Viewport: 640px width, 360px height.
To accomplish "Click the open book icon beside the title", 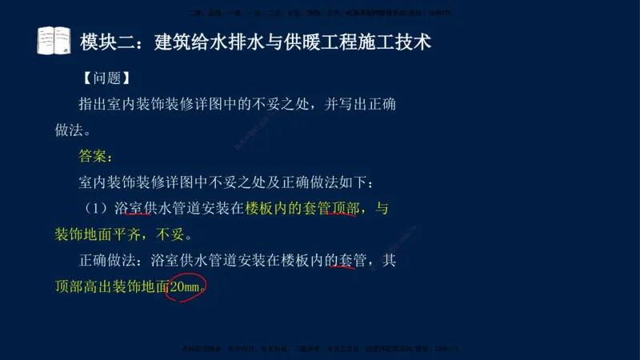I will coord(55,40).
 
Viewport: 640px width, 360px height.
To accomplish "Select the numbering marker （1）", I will coord(97,209).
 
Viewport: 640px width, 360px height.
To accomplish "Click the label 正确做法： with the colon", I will coord(114,261).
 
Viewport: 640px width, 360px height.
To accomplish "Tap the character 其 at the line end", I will coord(389,261).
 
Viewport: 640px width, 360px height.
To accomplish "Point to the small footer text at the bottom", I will coord(320,350).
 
